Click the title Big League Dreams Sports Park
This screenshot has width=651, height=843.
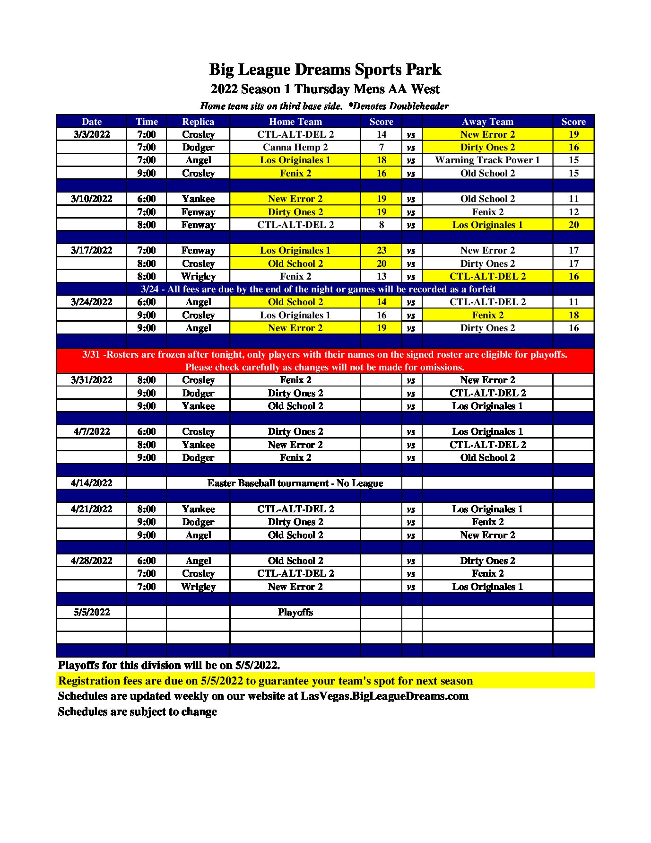(x=325, y=70)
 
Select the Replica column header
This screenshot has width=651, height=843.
(x=198, y=122)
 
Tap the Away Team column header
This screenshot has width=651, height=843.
(x=487, y=122)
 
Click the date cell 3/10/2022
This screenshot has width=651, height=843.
(x=92, y=199)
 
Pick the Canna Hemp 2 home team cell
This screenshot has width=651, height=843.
(x=295, y=147)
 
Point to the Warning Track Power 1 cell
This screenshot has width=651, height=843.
(x=487, y=160)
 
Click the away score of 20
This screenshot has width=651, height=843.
(x=573, y=225)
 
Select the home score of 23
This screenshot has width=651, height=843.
(x=382, y=250)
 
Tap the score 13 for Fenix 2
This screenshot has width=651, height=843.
(x=382, y=276)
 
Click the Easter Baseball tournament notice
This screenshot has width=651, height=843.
(x=295, y=483)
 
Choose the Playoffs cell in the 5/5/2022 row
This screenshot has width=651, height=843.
(x=295, y=612)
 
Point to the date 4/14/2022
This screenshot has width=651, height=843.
(x=92, y=483)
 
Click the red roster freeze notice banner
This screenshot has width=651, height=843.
(x=325, y=361)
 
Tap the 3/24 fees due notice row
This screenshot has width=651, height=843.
(x=318, y=289)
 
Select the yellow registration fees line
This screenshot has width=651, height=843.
(x=265, y=681)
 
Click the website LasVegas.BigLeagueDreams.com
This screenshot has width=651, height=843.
(x=384, y=696)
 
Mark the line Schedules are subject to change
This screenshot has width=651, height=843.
(x=138, y=711)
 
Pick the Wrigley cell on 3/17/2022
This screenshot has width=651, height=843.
(x=198, y=276)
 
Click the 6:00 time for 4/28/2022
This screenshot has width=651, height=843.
(x=147, y=561)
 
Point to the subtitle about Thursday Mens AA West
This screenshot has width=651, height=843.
(x=325, y=89)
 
